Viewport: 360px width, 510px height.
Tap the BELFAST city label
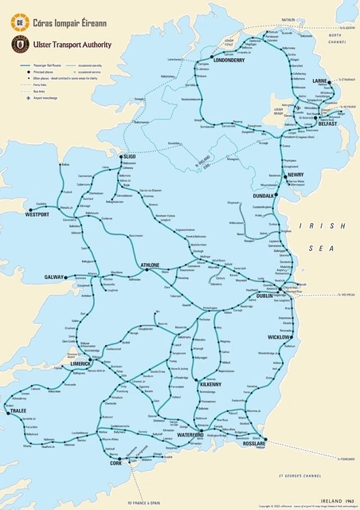tap(327, 124)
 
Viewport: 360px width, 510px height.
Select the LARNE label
tap(320, 81)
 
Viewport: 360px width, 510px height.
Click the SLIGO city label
tap(128, 157)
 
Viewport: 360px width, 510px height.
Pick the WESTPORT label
tap(37, 214)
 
